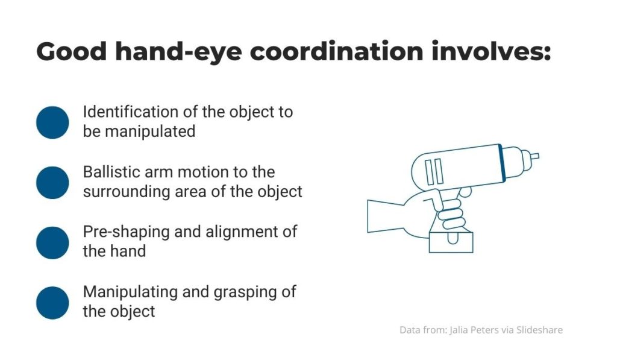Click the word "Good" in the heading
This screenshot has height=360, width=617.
pos(71,51)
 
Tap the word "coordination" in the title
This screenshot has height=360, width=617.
pos(336,51)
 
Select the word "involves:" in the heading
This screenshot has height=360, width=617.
pos(491,51)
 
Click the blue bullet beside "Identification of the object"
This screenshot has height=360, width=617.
pos(52,122)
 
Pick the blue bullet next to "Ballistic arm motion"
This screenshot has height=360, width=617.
pos(52,183)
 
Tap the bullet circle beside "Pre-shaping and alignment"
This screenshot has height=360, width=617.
pos(52,242)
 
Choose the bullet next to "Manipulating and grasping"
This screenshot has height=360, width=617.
pos(52,303)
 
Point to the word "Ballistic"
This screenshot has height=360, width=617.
pos(111,172)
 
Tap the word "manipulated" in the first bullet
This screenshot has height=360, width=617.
pos(150,131)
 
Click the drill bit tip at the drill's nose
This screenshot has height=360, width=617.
pos(535,156)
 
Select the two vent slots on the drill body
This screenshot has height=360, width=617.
pos(434,172)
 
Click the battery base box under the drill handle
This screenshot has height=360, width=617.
pos(451,242)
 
